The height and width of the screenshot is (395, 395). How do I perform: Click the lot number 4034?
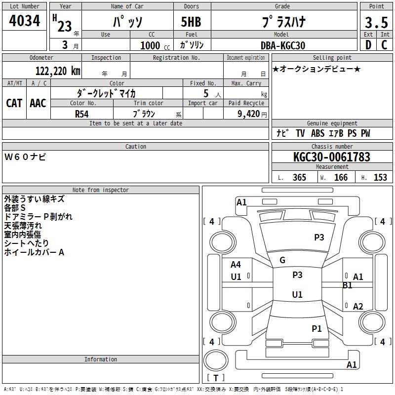[24, 20]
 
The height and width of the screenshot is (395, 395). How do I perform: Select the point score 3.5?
[376, 22]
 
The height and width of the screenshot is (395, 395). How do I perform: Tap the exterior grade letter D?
[368, 45]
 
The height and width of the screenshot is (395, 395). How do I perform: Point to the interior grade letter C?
[384, 45]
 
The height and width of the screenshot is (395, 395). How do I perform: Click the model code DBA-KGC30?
[282, 45]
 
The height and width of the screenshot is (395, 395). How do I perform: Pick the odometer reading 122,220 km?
[58, 71]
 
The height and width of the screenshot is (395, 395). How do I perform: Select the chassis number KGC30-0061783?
[332, 157]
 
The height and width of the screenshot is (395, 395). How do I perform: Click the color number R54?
[81, 114]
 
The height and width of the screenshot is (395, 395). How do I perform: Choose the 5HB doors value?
[191, 22]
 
